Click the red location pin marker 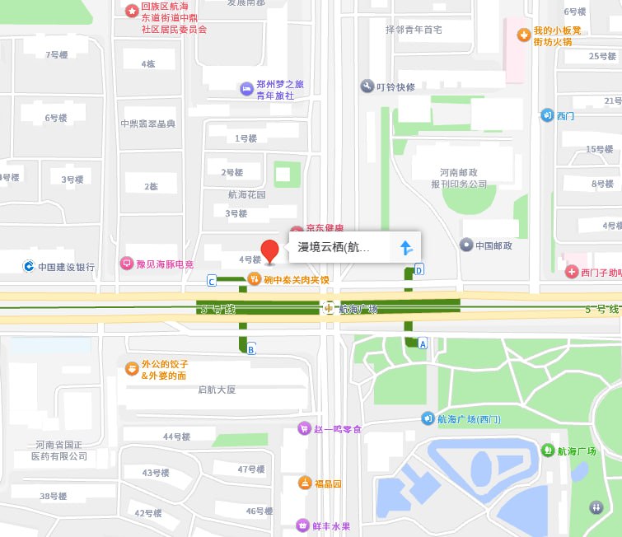click(270, 250)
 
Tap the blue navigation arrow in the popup click(405, 247)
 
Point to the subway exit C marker click(212, 282)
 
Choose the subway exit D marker click(419, 268)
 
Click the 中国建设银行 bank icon click(28, 266)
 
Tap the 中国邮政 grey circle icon click(466, 245)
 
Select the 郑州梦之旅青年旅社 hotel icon click(245, 88)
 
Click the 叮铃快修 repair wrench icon click(367, 86)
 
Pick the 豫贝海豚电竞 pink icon click(127, 264)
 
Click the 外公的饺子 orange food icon click(131, 368)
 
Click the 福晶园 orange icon click(304, 483)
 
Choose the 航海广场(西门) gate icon click(428, 419)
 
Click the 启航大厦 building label click(217, 390)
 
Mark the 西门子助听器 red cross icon click(571, 272)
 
